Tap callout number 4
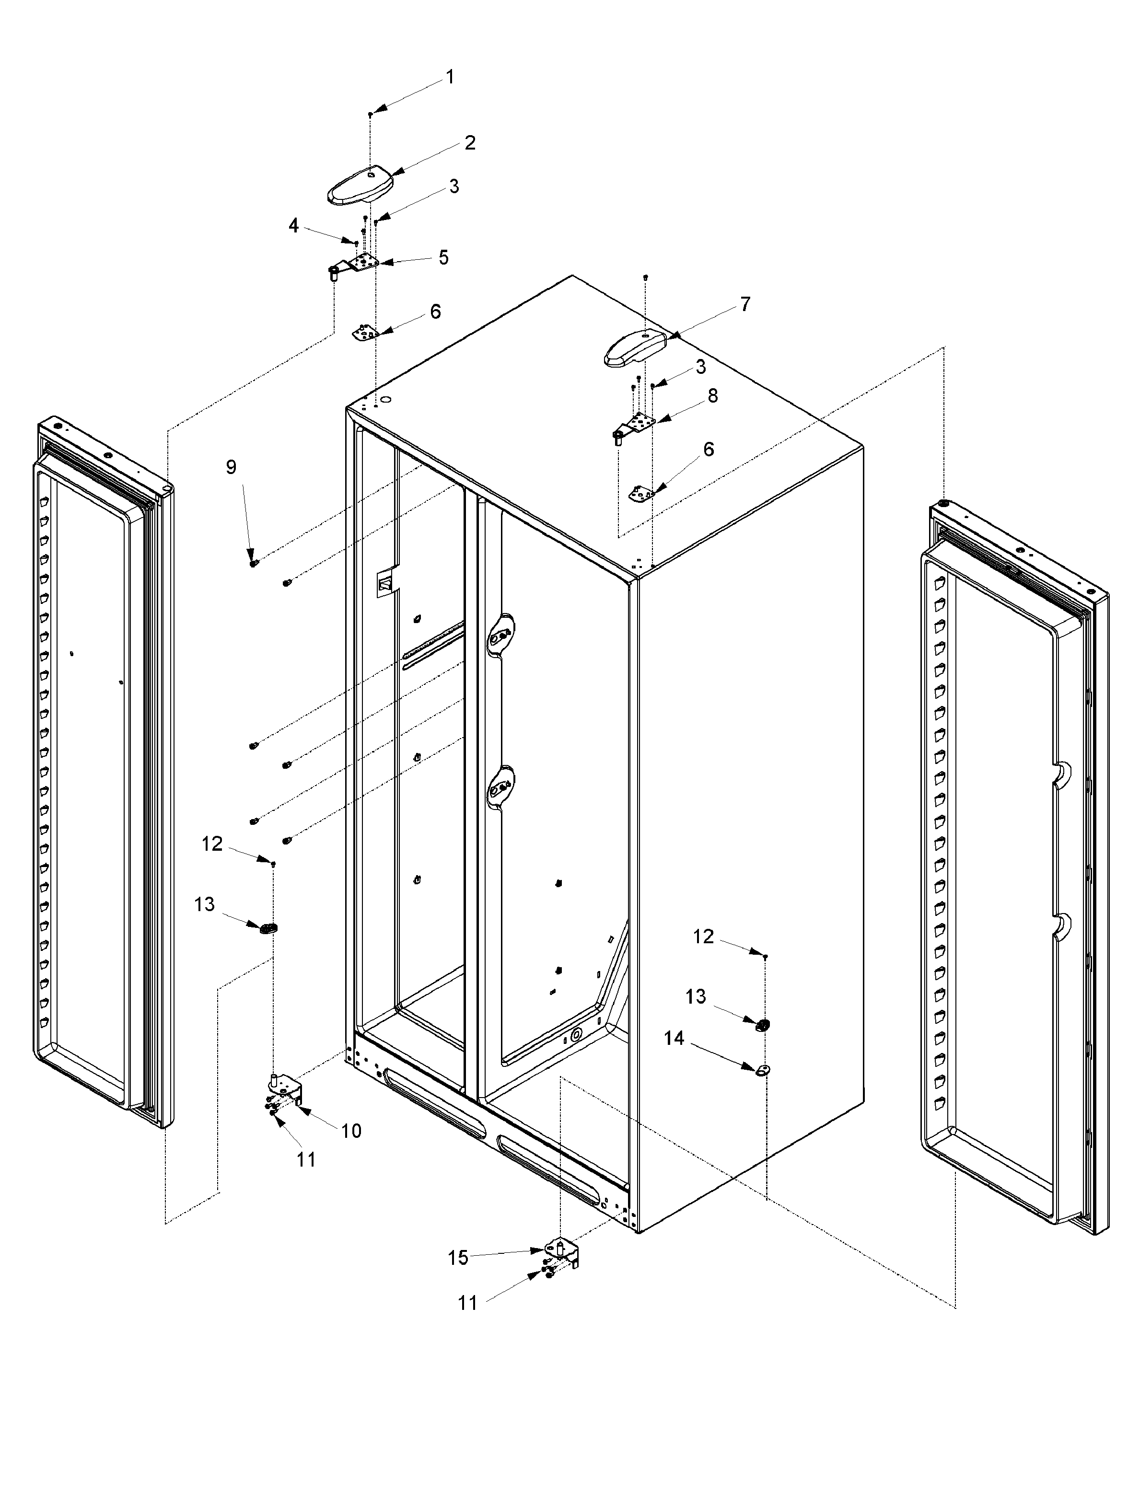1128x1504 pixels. coord(294,226)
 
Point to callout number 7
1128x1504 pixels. coord(745,304)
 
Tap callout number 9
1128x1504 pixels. coord(231,467)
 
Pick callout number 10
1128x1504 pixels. coord(351,1131)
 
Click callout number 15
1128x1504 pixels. coord(458,1258)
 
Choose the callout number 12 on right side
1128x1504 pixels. coord(703,937)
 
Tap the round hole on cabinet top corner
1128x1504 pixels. coord(385,401)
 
